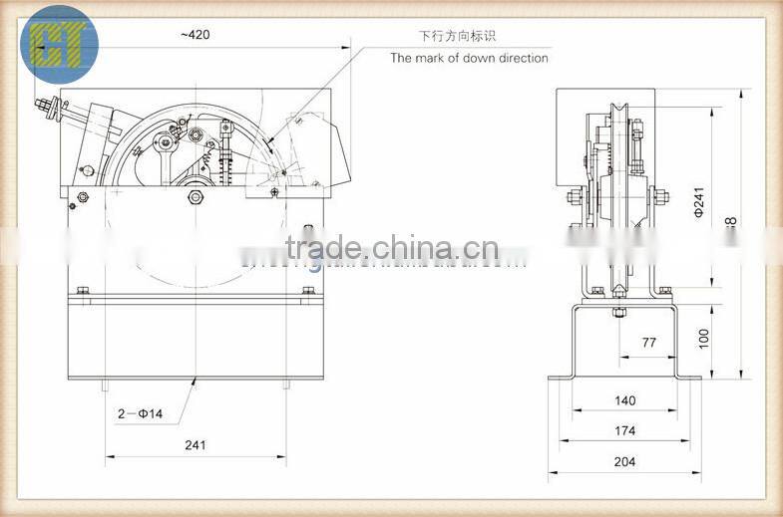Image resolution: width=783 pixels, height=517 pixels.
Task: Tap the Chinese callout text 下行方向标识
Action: point(456,36)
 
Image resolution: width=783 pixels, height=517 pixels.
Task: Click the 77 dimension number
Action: point(648,343)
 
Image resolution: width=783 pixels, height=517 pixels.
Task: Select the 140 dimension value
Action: point(624,401)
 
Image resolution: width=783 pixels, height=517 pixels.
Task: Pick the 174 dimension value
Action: point(624,431)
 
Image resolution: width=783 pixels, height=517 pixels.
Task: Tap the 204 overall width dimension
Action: point(624,461)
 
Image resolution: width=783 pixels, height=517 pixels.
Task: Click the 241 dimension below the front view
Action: point(195,445)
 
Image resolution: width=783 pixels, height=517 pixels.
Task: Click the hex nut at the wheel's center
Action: point(196,198)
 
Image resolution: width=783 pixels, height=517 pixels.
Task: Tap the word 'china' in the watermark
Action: point(423,247)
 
